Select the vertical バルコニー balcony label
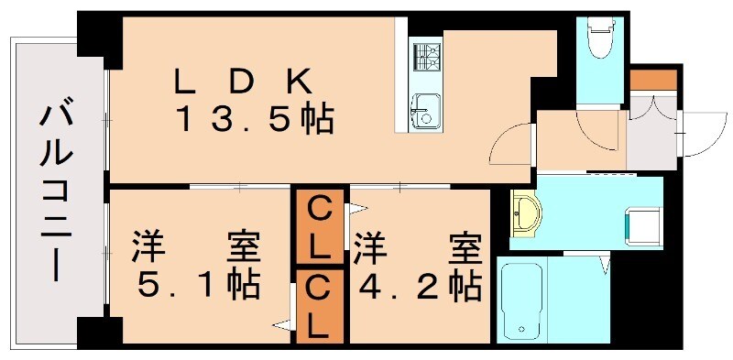[x=57, y=193]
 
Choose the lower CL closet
[x=319, y=307]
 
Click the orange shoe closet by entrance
[x=651, y=80]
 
